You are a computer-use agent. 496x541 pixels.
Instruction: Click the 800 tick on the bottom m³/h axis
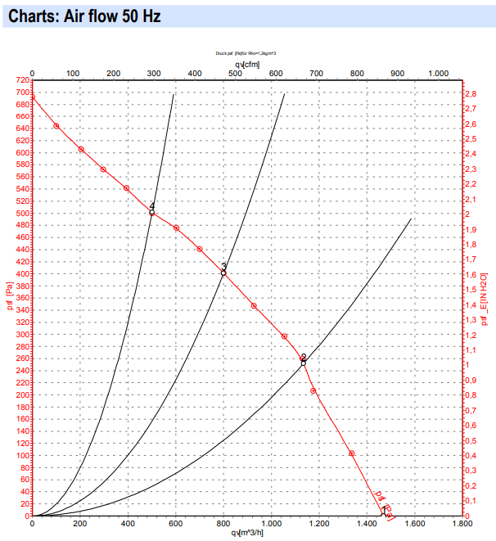click(223, 523)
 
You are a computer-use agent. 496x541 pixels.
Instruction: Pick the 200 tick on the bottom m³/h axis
click(79, 523)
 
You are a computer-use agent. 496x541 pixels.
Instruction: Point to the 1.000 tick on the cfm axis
click(438, 74)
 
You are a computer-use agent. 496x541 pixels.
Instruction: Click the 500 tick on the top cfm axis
click(235, 74)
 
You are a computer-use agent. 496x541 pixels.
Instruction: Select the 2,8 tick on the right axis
click(471, 95)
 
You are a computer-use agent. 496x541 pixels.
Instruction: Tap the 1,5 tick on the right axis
click(471, 291)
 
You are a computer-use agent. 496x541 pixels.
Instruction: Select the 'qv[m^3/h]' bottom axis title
click(247, 534)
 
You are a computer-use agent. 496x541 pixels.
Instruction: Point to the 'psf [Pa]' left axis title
click(10, 298)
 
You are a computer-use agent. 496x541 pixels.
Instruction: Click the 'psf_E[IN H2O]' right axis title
click(485, 298)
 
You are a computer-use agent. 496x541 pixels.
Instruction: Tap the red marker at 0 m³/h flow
click(32, 97)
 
